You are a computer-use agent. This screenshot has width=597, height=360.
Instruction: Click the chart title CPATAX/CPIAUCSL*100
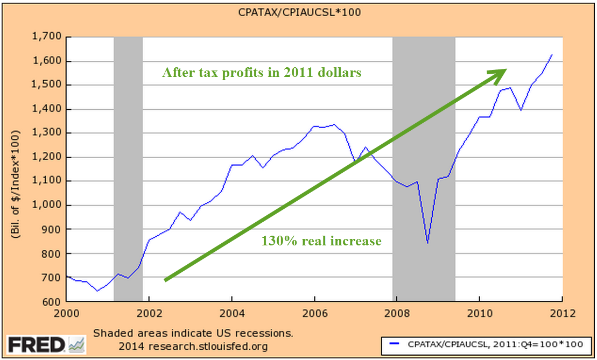[x=299, y=12]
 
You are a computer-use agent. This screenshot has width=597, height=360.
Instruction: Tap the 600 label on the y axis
[x=53, y=302]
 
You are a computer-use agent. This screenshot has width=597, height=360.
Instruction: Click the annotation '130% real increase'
[x=321, y=241]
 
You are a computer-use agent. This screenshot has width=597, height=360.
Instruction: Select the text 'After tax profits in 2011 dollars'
[x=262, y=73]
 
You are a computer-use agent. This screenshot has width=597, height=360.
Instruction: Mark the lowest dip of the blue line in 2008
[x=427, y=243]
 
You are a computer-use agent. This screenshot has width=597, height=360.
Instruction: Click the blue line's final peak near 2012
[x=552, y=54]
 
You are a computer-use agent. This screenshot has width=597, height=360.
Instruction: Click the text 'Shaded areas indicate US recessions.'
[x=193, y=333]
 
